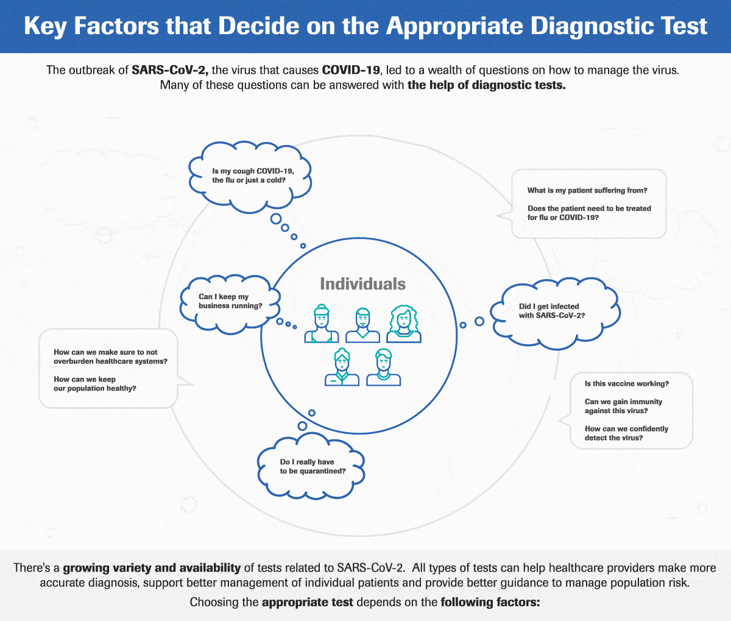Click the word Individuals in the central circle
pos(362,284)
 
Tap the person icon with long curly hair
pos(403,324)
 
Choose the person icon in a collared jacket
pos(342,367)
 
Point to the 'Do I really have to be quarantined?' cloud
pos(313,467)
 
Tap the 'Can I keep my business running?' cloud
pos(231,302)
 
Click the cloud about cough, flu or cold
pos(249,176)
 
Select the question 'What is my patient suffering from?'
pos(587,191)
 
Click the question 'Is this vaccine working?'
pos(626,384)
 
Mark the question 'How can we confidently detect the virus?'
pos(626,433)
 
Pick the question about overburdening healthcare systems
pos(110,357)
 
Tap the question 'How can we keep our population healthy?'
pos(94,384)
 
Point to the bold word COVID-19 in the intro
pos(351,69)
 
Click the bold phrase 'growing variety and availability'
pos(152,568)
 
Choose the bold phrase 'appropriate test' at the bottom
pos(308,603)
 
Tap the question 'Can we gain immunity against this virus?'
pos(623,406)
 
